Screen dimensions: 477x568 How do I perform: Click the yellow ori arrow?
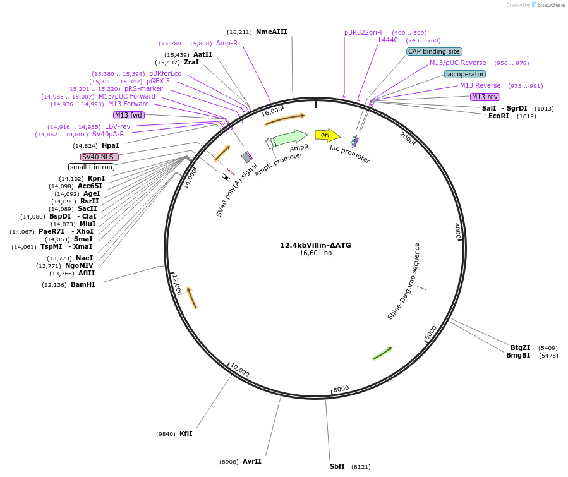pyautogui.click(x=327, y=135)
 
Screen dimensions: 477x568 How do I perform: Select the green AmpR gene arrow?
pyautogui.click(x=289, y=136)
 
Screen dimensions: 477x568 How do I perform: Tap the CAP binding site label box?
pyautogui.click(x=435, y=51)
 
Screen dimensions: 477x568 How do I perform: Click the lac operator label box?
pyautogui.click(x=465, y=74)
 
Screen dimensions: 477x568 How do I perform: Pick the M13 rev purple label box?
pyautogui.click(x=485, y=97)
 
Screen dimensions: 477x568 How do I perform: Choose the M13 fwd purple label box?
pyautogui.click(x=128, y=115)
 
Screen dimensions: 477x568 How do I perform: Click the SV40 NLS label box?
pyautogui.click(x=99, y=157)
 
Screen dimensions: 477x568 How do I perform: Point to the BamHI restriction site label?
pyautogui.click(x=83, y=284)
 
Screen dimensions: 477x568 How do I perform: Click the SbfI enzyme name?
pyautogui.click(x=338, y=466)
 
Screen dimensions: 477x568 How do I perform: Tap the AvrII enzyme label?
pyautogui.click(x=251, y=461)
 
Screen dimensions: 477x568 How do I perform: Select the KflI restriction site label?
pyautogui.click(x=186, y=433)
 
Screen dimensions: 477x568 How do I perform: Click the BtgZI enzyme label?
pyautogui.click(x=521, y=347)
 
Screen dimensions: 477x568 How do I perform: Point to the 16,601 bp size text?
pyautogui.click(x=315, y=253)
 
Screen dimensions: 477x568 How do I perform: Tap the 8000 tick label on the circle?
pyautogui.click(x=341, y=389)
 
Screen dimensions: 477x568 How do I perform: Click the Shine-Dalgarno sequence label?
pyautogui.click(x=404, y=281)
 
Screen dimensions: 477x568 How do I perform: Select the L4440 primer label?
pyautogui.click(x=388, y=40)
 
